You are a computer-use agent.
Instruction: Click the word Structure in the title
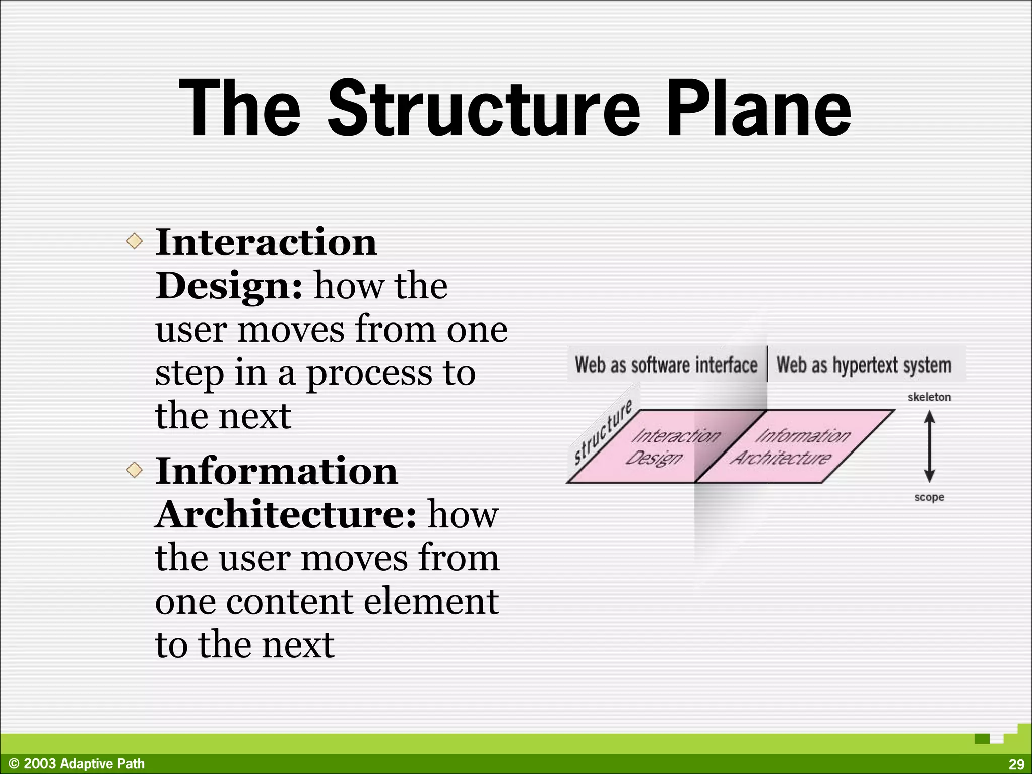pos(484,108)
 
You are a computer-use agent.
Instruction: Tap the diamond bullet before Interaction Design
pos(135,241)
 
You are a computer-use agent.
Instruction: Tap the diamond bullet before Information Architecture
pos(135,470)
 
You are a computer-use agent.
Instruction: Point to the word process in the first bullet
pos(369,373)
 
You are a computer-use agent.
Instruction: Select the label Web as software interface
pos(666,365)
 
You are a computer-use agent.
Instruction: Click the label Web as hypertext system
pos(864,365)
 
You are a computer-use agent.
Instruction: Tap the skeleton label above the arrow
pos(929,397)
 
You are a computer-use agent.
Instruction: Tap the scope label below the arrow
pos(929,497)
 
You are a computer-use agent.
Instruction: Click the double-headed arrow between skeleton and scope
pos(930,446)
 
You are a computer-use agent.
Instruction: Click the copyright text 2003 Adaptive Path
pos(77,764)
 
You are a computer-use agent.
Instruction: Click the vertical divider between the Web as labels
pos(767,364)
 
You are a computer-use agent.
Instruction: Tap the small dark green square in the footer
pos(982,739)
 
